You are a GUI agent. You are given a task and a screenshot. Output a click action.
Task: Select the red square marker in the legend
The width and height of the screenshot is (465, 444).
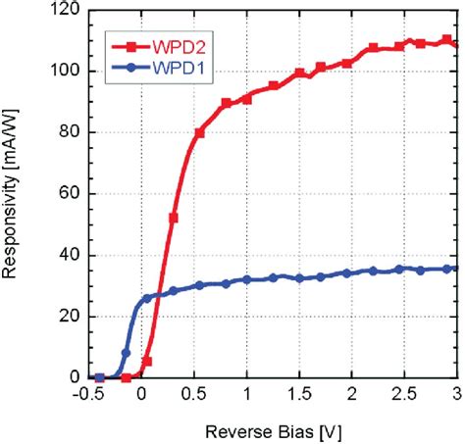[126, 46]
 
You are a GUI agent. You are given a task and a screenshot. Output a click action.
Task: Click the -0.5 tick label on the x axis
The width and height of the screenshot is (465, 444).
[89, 395]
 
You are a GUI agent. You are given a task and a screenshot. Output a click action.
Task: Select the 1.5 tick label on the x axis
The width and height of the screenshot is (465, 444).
[299, 395]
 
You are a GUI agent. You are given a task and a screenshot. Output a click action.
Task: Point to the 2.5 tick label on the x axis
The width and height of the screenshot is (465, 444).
[404, 395]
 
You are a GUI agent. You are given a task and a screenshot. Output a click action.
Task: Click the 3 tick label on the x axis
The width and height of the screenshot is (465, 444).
[454, 395]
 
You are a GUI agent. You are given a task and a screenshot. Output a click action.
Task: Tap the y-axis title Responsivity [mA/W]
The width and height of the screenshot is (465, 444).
[14, 196]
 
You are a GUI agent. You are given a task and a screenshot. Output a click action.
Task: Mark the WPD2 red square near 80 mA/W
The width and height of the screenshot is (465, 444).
[200, 132]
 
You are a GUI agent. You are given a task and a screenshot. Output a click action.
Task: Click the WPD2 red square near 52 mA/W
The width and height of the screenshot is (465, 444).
[174, 218]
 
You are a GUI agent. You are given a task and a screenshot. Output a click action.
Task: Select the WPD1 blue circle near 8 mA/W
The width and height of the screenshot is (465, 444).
[126, 353]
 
